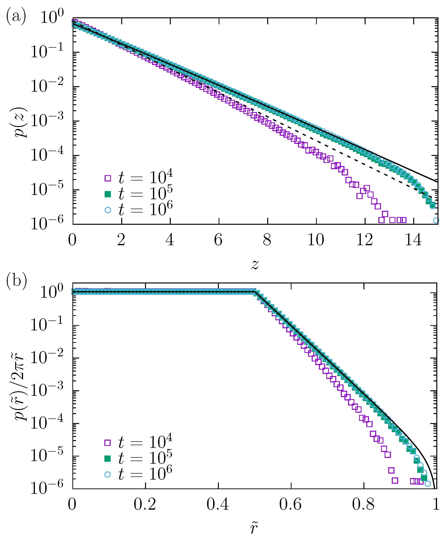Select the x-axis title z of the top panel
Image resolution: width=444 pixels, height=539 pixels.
255,264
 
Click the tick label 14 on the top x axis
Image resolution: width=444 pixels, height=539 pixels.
413,240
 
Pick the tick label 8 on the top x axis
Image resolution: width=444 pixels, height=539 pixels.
267,240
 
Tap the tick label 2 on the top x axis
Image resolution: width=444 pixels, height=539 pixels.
121,240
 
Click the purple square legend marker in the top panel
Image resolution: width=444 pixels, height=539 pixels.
108,178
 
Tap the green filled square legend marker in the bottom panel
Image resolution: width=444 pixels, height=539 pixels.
108,459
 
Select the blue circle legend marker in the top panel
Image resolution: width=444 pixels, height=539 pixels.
108,210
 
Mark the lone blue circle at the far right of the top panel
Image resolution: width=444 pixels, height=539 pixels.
436,220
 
